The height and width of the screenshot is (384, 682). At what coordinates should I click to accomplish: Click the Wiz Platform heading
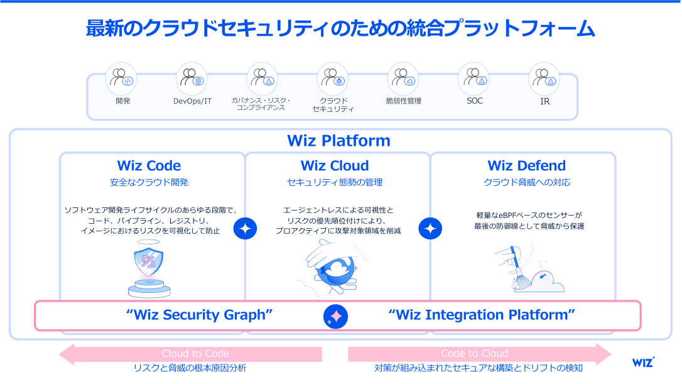(338, 140)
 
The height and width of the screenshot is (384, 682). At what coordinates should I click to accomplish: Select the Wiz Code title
(149, 166)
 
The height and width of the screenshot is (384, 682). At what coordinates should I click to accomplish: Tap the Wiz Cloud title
(335, 166)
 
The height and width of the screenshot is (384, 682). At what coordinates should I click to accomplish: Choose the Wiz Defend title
(526, 166)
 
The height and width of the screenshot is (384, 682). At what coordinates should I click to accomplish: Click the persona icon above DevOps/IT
(191, 78)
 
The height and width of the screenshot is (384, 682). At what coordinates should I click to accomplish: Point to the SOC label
(475, 101)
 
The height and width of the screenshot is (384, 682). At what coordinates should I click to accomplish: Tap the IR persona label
(544, 101)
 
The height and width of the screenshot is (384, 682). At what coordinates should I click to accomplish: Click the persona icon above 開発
(121, 78)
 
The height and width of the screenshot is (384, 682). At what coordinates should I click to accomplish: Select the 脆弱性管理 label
(403, 101)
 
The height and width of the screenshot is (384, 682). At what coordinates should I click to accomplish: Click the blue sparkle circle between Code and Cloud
(245, 229)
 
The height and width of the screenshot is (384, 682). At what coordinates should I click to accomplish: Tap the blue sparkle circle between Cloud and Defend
(430, 229)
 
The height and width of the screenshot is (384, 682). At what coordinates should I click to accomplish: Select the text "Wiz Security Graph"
(199, 315)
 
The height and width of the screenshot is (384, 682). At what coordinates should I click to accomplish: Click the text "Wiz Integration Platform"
(482, 315)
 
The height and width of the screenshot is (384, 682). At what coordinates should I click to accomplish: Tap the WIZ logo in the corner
(642, 363)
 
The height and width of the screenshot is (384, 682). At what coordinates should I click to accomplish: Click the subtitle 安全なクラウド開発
(149, 183)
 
